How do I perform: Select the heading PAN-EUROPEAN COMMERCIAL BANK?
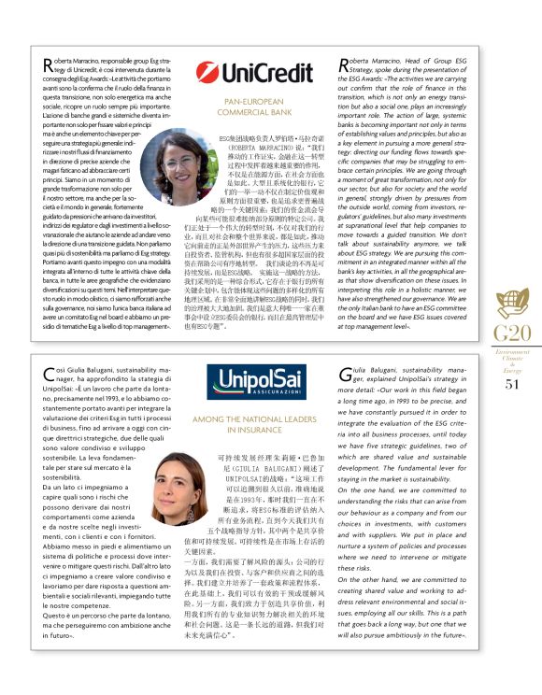tap(241, 107)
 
